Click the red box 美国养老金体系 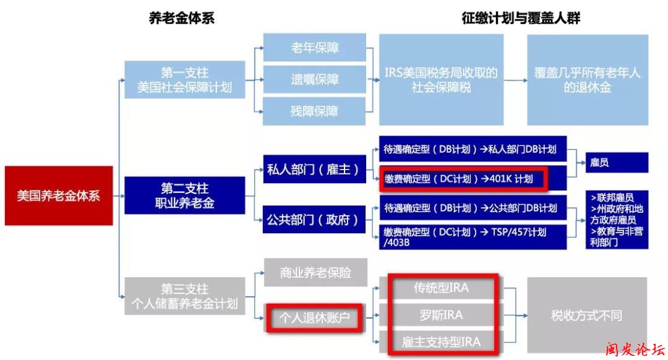coord(59,195)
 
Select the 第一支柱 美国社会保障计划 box coord(184,80)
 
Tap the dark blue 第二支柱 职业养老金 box coord(184,195)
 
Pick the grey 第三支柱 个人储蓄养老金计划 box coord(184,296)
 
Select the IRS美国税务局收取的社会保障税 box coord(441,80)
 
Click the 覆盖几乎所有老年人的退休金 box coord(587,80)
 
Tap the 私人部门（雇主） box coord(313,169)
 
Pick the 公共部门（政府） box coord(313,220)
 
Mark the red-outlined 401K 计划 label coord(464,179)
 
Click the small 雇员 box coord(617,163)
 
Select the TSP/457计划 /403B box coord(473,237)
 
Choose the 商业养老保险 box coord(315,273)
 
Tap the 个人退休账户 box coord(315,318)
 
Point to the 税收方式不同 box coord(586,315)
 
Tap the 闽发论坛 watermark coord(631,349)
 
